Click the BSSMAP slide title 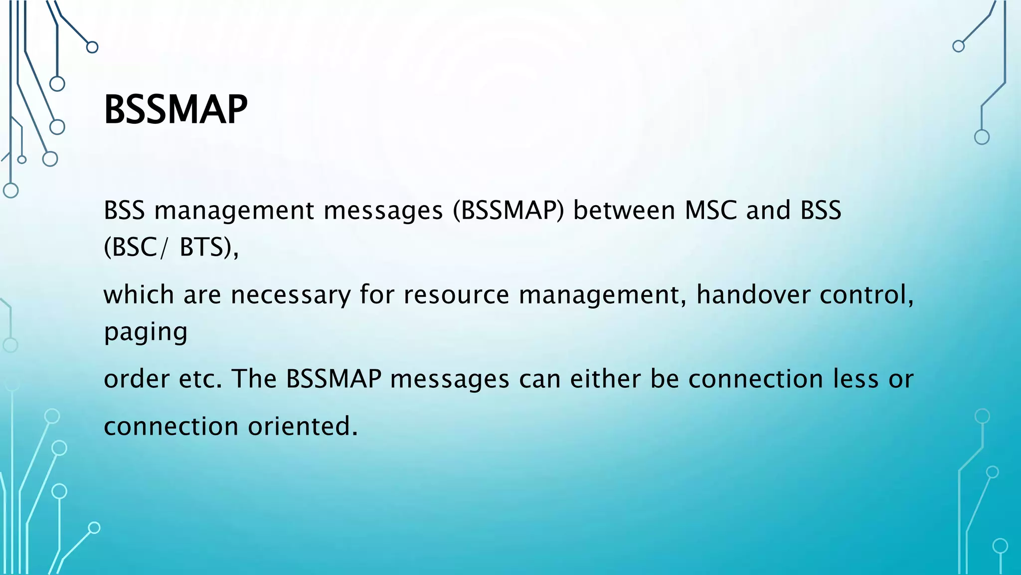pyautogui.click(x=175, y=110)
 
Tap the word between pyautogui.click(x=624, y=210)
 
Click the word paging pyautogui.click(x=146, y=332)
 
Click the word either pyautogui.click(x=605, y=379)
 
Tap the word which pyautogui.click(x=139, y=294)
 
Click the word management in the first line pyautogui.click(x=234, y=211)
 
